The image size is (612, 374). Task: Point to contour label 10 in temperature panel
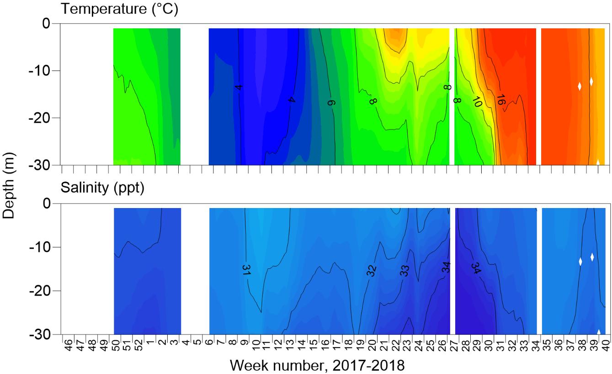click(x=477, y=102)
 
